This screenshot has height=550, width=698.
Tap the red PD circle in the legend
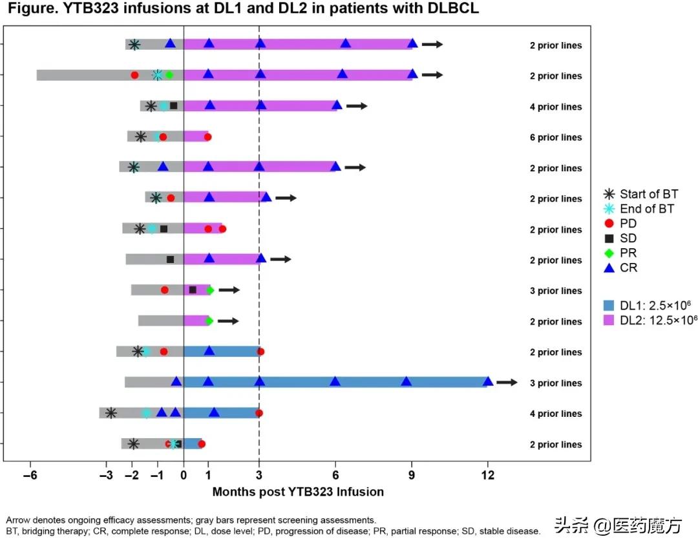coord(608,224)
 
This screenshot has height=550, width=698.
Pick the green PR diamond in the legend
coord(608,253)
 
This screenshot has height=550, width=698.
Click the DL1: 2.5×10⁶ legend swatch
coord(608,304)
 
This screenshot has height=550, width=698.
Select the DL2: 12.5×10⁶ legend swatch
coord(608,319)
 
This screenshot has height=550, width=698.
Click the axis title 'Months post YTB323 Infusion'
coord(298,492)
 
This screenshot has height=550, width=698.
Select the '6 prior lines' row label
coord(555,138)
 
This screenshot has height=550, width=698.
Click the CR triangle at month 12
coord(488,381)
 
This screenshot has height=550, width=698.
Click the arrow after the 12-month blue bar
coord(507,383)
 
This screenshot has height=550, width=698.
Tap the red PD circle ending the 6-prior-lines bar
coord(207,137)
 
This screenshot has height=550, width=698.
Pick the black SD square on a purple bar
coord(193,290)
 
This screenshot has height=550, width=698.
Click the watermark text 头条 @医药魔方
coord(618,526)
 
